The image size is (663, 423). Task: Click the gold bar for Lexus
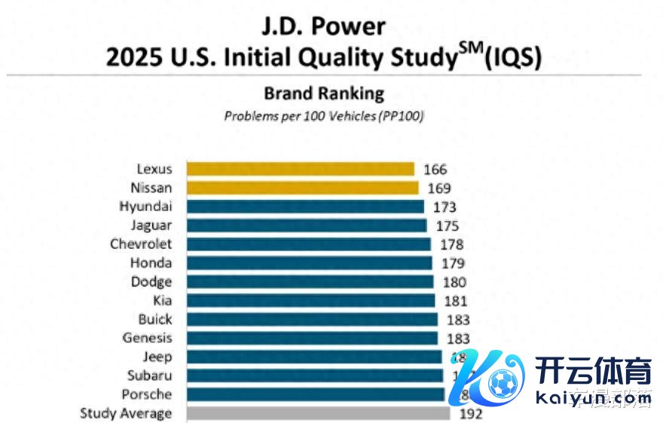300,169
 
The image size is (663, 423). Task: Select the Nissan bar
302,188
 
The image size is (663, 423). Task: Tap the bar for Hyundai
305,207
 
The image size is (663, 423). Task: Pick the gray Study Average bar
318,413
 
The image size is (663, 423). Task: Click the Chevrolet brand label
141,244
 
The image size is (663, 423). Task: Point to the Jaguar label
151,225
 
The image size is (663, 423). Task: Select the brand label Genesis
147,338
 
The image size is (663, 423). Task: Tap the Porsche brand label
146,394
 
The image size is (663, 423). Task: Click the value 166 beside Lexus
435,170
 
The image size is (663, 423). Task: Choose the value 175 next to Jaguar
447,225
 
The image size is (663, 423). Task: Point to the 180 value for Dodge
454,282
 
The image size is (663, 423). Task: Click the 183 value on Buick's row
458,319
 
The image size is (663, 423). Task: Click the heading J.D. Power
323,26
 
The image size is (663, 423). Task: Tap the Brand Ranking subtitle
323,93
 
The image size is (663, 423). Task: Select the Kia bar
310,301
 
